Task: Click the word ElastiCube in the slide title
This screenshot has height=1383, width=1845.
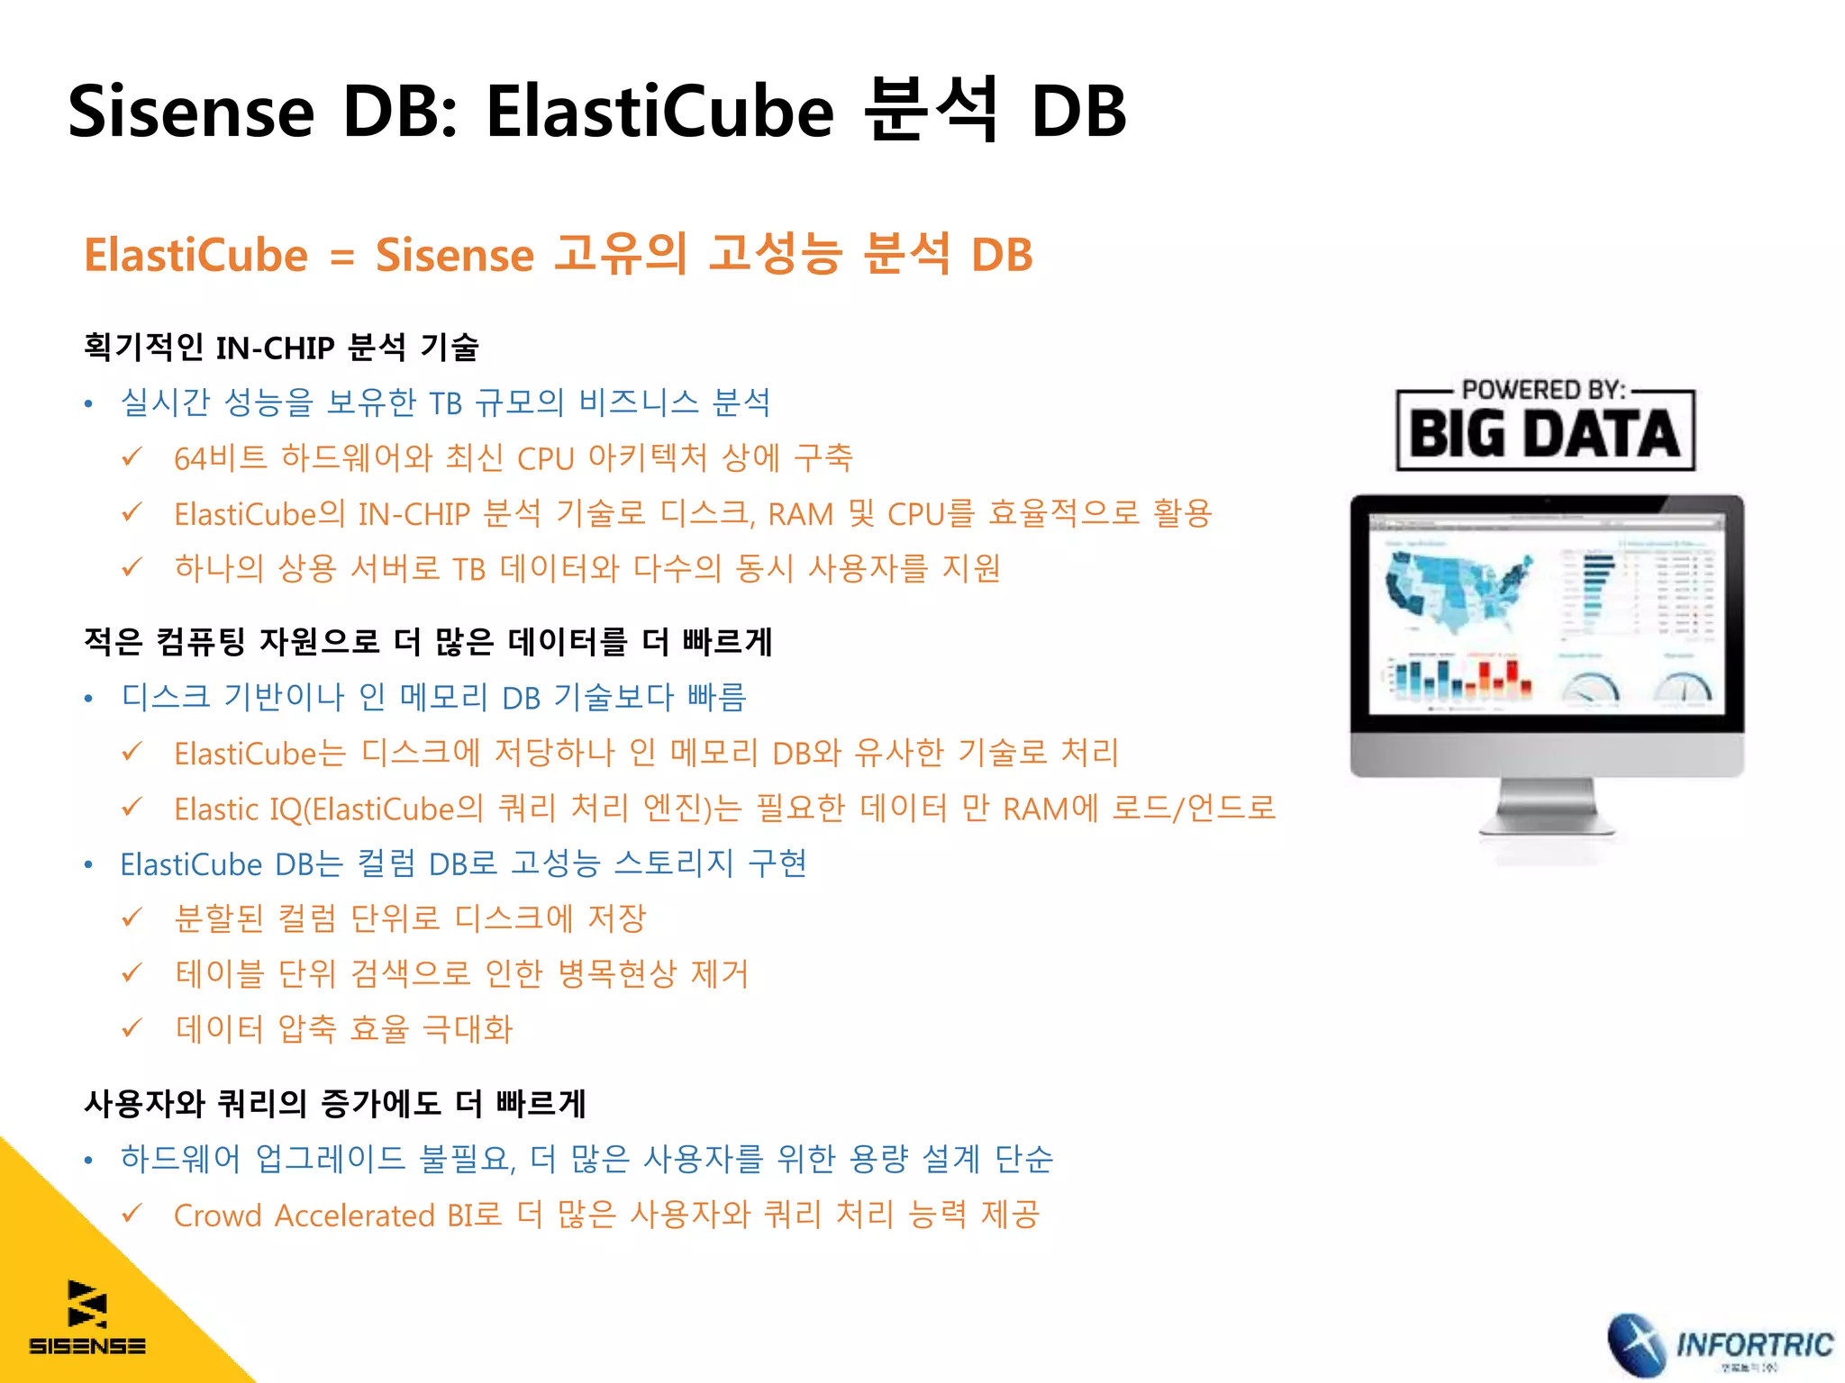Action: click(x=660, y=112)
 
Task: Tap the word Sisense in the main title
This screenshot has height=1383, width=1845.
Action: click(x=191, y=112)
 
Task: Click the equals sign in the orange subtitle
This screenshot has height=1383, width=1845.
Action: click(x=341, y=257)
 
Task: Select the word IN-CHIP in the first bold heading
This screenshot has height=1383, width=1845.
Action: click(x=276, y=348)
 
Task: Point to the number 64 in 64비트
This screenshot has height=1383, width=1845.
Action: click(x=190, y=459)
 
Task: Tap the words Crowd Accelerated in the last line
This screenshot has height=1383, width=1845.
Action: click(x=304, y=1216)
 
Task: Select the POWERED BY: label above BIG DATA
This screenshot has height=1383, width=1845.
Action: click(x=1543, y=390)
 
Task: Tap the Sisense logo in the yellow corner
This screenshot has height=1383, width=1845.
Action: click(x=87, y=1318)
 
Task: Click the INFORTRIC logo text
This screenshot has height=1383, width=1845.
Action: click(x=1754, y=1345)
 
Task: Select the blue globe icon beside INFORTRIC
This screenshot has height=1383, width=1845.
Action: click(x=1638, y=1345)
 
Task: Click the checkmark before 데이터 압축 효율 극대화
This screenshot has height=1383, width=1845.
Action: click(x=132, y=1027)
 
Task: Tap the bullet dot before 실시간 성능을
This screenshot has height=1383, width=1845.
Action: click(x=88, y=404)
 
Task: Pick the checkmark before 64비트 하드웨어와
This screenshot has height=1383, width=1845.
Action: click(x=132, y=457)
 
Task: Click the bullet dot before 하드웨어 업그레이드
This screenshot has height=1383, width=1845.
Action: click(x=88, y=1161)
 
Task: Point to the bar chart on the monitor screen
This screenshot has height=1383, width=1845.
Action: click(x=1459, y=680)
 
